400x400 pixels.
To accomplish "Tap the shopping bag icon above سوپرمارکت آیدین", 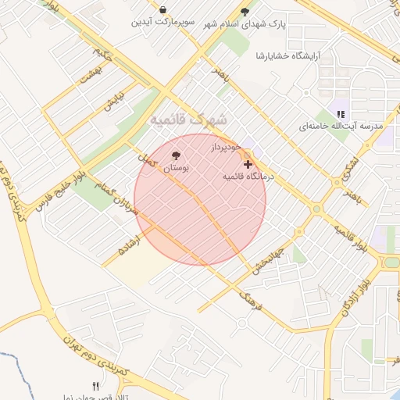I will click(162, 10).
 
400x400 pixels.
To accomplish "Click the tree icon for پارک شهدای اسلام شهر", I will click(245, 12).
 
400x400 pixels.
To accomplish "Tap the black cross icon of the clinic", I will click(248, 164).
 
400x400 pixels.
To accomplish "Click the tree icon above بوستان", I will click(175, 155).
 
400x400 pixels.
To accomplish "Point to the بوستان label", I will click(176, 168).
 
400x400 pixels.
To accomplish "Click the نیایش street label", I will click(114, 101).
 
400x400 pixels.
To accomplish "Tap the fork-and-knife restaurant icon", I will click(96, 386).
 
